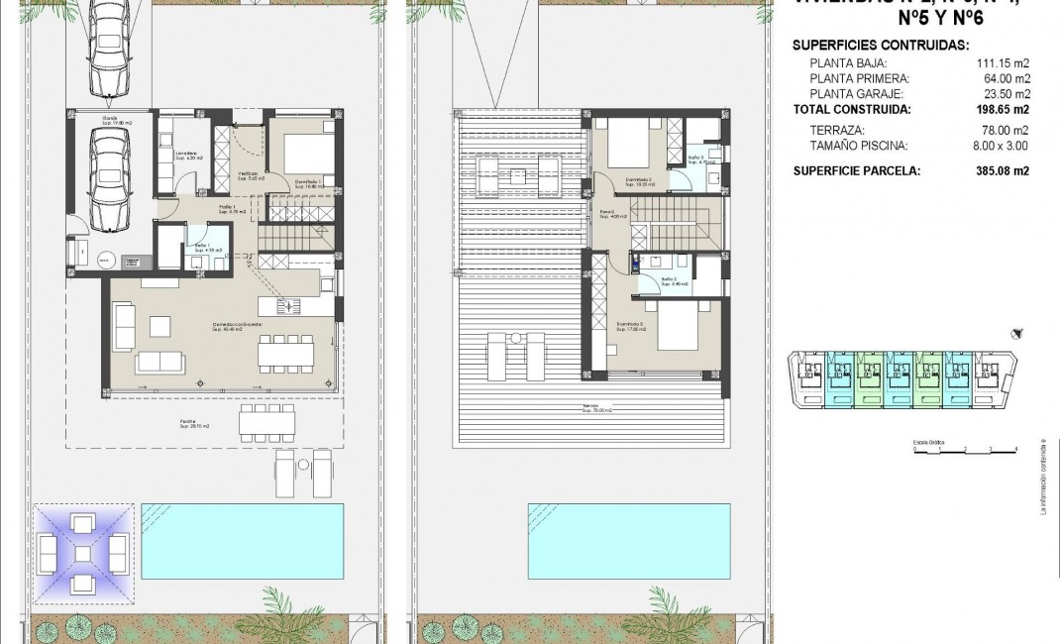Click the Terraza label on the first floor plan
590,406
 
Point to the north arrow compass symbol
1015,334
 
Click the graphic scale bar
965,449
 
